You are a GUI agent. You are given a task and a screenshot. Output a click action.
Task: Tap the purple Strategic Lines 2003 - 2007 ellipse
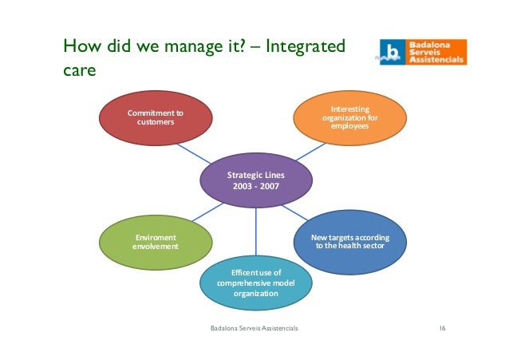[x=255, y=180]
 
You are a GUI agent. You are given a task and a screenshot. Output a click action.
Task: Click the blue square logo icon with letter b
[x=391, y=52]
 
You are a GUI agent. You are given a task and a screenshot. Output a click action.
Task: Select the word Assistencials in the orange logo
[x=437, y=60]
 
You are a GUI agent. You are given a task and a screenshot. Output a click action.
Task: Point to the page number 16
[x=443, y=328]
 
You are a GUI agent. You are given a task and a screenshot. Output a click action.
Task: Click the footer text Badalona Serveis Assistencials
[x=254, y=328]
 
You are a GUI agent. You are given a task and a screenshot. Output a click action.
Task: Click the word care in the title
[x=78, y=72]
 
